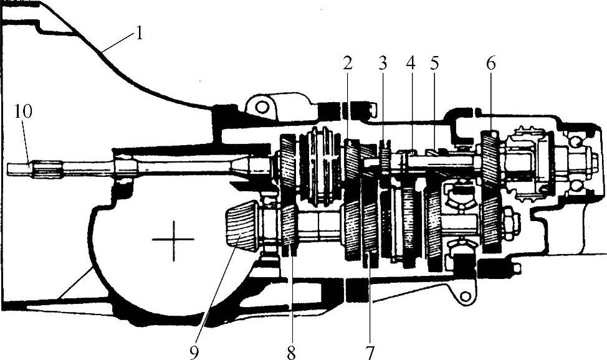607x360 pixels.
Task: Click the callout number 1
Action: click(x=139, y=33)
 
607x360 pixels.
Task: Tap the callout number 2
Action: click(x=347, y=63)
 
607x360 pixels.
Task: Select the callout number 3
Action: click(x=382, y=63)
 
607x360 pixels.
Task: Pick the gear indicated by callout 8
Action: click(x=289, y=227)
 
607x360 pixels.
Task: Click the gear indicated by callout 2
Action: click(x=351, y=161)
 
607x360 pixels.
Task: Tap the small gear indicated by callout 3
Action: click(x=385, y=160)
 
